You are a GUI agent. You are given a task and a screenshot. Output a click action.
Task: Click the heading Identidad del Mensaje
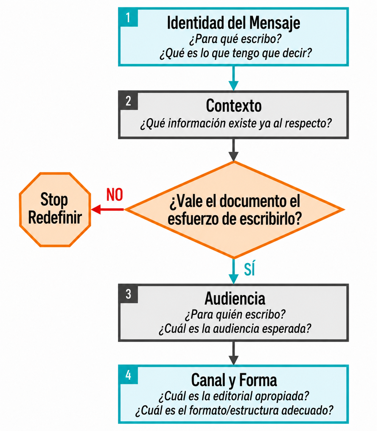[233, 23]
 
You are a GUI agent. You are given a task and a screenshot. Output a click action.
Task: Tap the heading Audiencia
[235, 299]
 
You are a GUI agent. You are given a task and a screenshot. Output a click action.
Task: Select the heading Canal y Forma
[234, 380]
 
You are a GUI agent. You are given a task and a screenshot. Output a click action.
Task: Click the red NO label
[114, 195]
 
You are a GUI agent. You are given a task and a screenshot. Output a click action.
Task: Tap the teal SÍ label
[249, 268]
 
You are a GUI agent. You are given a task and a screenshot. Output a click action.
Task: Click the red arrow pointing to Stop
[107, 209]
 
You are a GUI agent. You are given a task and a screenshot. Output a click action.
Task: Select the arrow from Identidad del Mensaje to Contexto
[233, 78]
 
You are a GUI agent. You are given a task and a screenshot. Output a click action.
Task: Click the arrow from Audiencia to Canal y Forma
[233, 353]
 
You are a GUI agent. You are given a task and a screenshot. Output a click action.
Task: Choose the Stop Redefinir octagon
[55, 209]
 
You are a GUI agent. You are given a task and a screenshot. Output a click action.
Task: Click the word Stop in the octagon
[54, 200]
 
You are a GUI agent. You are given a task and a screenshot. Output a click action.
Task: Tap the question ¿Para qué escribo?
[235, 39]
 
